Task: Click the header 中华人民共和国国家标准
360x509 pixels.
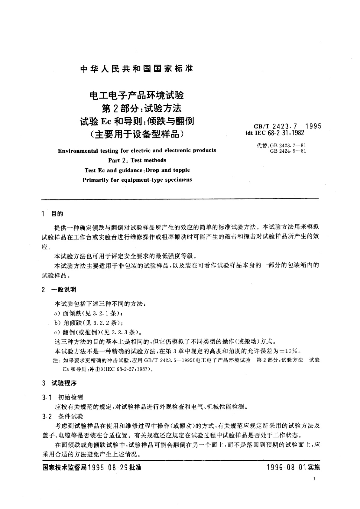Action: tap(137, 69)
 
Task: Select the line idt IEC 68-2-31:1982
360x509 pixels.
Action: tap(275, 132)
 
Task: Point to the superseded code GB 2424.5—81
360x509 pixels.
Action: tap(288, 151)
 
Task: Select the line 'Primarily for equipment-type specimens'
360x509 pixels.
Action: tap(137, 180)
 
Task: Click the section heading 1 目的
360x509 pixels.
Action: tap(53, 214)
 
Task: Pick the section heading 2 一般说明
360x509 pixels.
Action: tap(59, 290)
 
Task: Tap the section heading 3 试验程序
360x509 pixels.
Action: tap(59, 383)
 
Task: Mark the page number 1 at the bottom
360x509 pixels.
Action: tap(315, 479)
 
